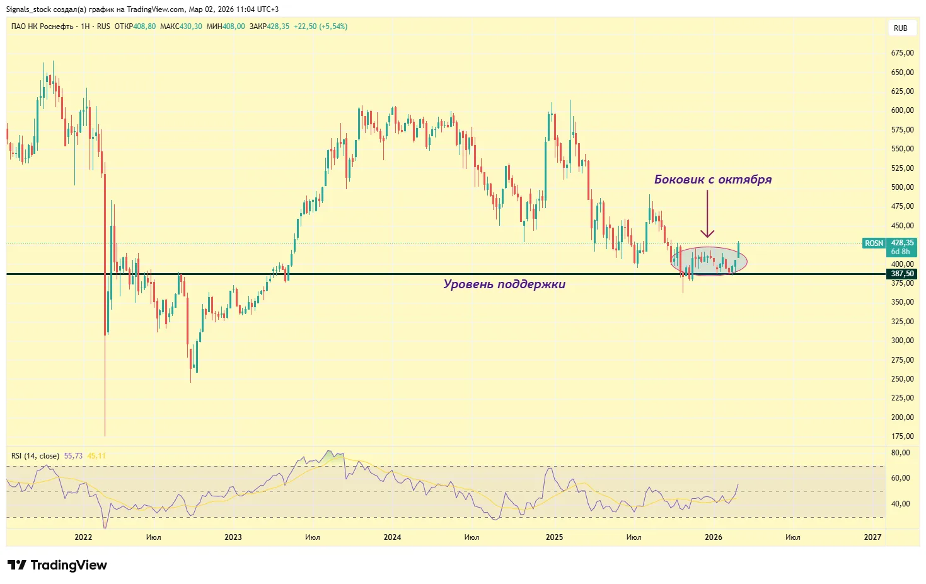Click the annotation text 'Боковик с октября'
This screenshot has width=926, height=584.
[x=712, y=180]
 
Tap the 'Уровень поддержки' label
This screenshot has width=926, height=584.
[x=504, y=284]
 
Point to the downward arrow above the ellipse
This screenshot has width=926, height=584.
[x=707, y=214]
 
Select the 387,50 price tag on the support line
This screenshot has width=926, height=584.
[x=902, y=274]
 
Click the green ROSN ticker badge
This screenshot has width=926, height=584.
[x=874, y=243]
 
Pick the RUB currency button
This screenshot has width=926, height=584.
[x=900, y=28]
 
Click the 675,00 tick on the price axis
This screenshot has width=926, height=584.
[x=902, y=53]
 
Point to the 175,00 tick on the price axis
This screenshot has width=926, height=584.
[x=902, y=436]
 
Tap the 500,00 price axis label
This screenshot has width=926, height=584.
[x=902, y=187]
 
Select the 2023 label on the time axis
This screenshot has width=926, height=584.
[x=233, y=537]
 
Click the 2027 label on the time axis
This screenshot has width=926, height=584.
[x=872, y=537]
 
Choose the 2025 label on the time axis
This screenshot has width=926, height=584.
[x=554, y=537]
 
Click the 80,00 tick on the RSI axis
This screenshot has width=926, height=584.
[x=901, y=453]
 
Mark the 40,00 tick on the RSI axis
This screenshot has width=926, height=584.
[x=901, y=504]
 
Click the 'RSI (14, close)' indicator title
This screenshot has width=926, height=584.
[x=35, y=456]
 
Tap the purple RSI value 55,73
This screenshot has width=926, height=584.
[x=73, y=456]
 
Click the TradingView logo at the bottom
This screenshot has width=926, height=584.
[x=57, y=565]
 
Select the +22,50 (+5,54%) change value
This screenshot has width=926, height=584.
[x=320, y=26]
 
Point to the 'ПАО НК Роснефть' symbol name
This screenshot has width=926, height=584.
[x=42, y=26]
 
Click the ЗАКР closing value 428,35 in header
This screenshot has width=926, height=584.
[x=278, y=26]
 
